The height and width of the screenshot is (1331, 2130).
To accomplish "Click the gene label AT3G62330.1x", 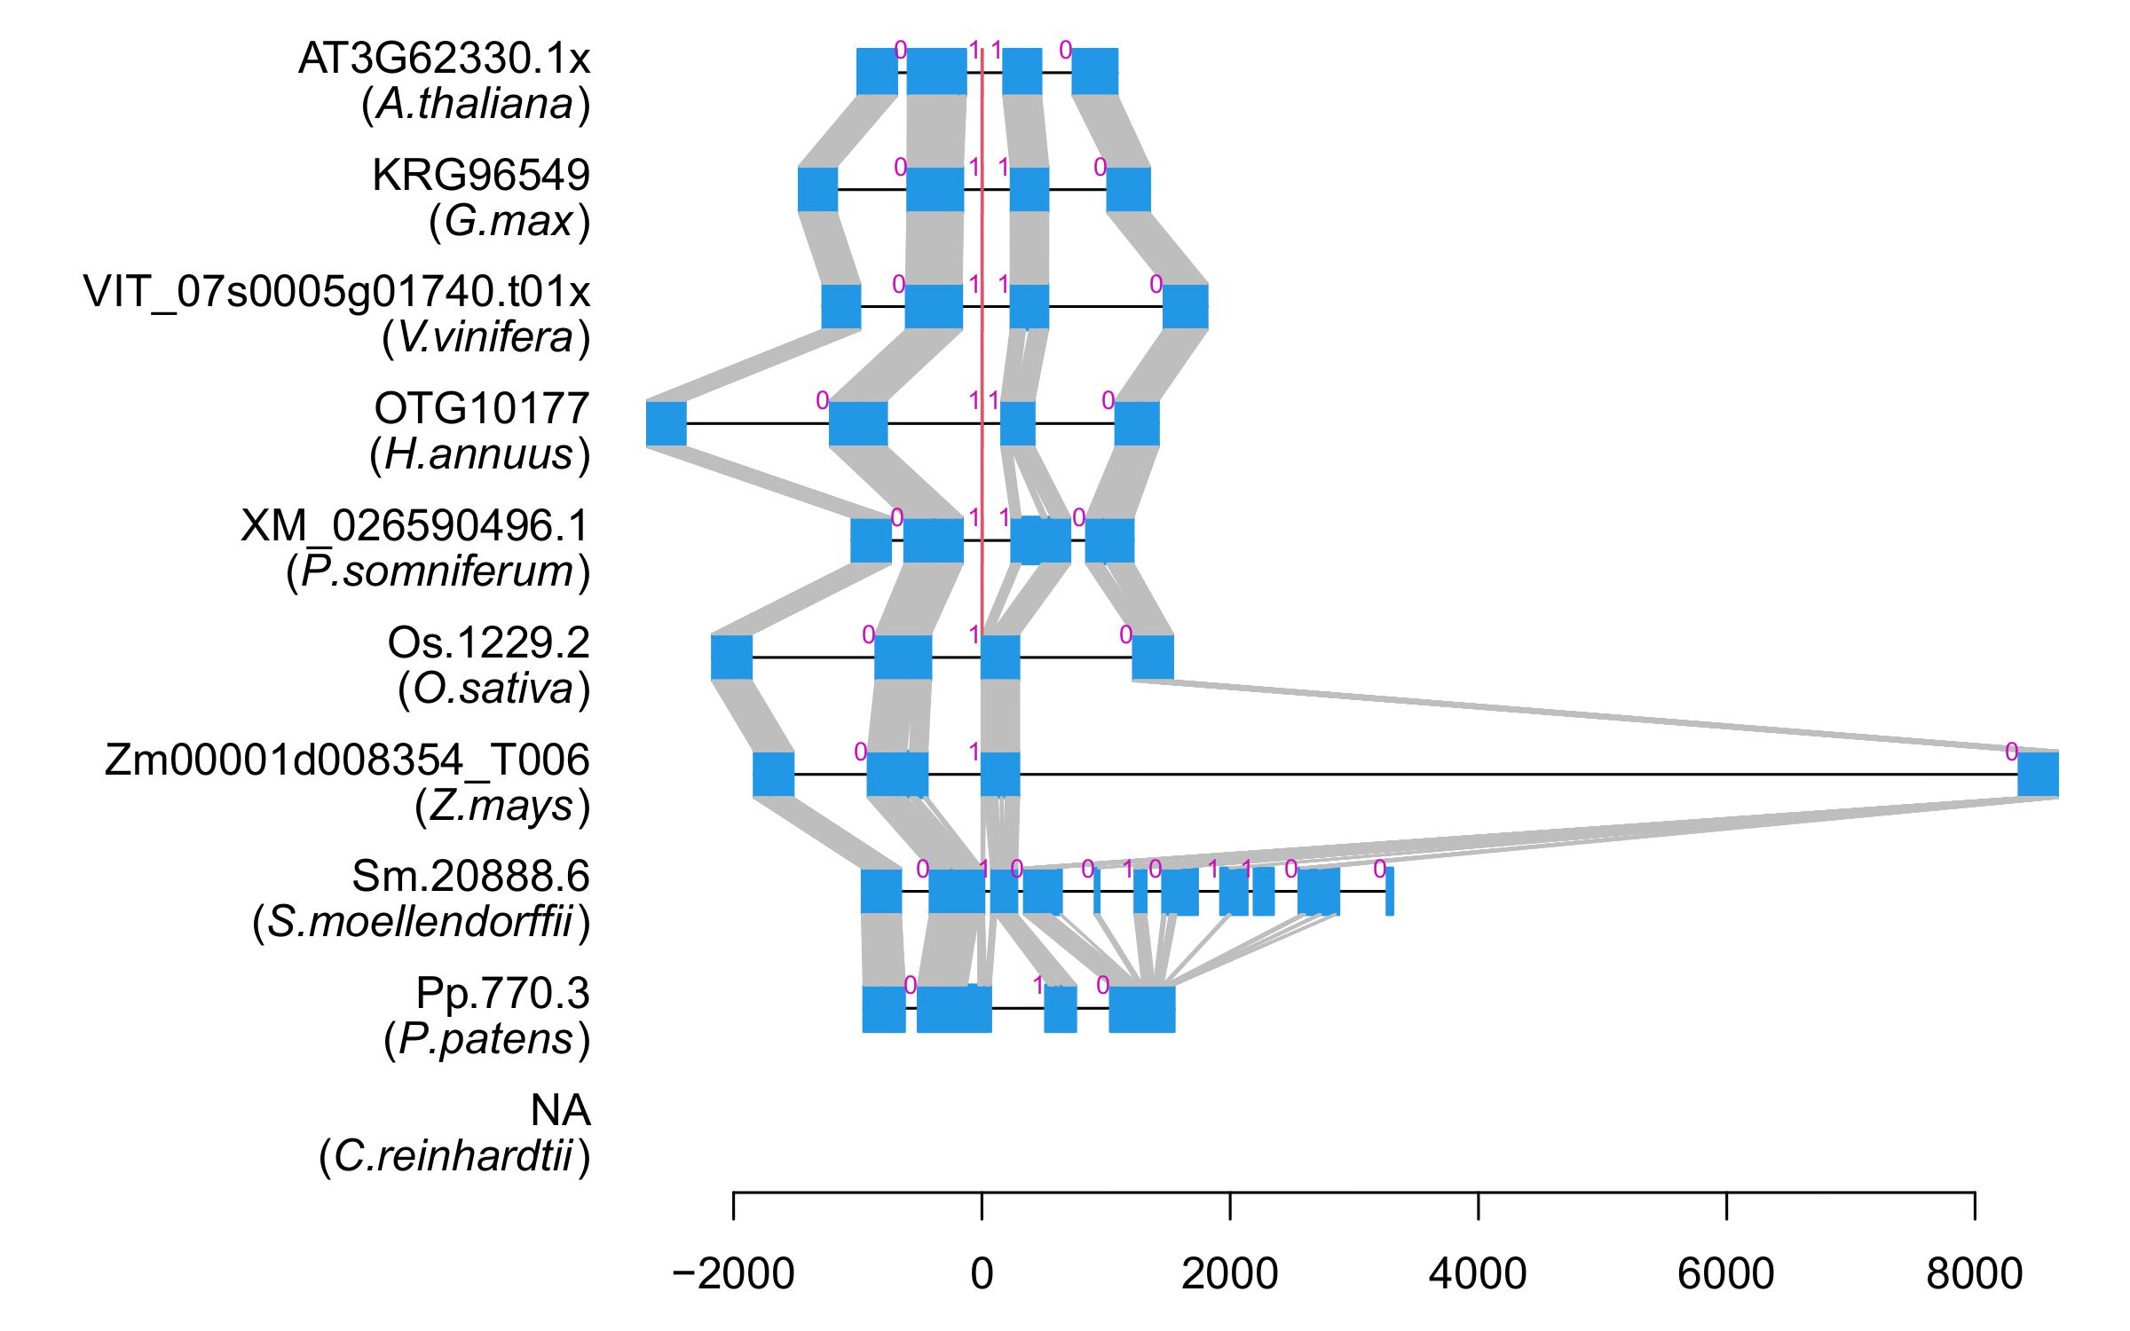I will tap(444, 59).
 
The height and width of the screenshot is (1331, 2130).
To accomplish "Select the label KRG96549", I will tap(481, 176).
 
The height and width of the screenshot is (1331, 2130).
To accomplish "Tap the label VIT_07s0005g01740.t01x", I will tap(336, 292).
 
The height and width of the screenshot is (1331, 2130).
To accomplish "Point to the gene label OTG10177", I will tap(482, 409).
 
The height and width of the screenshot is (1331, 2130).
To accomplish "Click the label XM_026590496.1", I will tap(414, 526).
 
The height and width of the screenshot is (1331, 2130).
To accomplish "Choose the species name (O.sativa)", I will tap(493, 689).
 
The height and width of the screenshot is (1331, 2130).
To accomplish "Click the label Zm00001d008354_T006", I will tap(347, 760).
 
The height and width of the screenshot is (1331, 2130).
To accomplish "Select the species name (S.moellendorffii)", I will tap(421, 924).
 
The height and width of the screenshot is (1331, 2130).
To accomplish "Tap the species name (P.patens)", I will tap(486, 1040).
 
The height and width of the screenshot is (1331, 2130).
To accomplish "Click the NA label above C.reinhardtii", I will tap(560, 1111).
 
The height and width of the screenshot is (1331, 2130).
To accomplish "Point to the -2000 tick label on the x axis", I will tap(733, 1275).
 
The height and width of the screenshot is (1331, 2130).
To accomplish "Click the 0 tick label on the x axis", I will tap(982, 1275).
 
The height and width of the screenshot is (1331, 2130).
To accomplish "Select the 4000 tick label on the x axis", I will tap(1478, 1275).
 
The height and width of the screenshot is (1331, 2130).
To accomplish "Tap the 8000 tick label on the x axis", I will tap(1974, 1275).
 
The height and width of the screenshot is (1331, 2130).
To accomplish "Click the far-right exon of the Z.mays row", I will tap(2038, 774).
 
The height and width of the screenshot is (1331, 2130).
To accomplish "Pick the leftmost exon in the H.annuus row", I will tap(666, 423).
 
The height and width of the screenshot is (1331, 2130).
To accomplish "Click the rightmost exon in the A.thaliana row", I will tap(1094, 71).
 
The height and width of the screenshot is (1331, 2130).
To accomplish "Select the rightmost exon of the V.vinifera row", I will tap(1185, 306).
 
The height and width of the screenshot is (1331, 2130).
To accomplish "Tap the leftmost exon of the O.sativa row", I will tap(731, 658).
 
